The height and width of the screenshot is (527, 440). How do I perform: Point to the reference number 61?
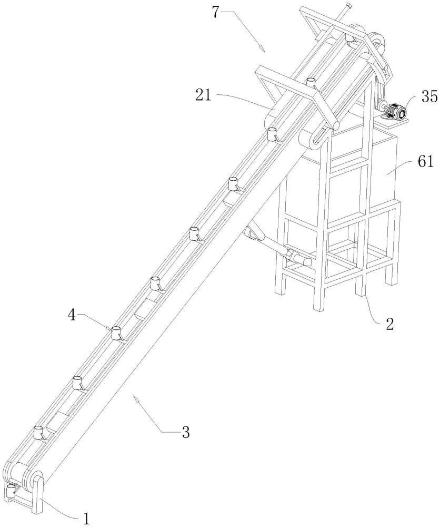(426, 162)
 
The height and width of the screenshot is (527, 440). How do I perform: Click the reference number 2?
(389, 324)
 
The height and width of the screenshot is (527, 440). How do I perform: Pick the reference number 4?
(71, 315)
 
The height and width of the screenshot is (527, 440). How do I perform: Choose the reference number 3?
(186, 432)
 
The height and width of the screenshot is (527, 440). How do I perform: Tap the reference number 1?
(86, 519)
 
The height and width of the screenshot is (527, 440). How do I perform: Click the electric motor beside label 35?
(393, 110)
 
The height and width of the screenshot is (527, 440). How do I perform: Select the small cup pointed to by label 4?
(116, 333)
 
